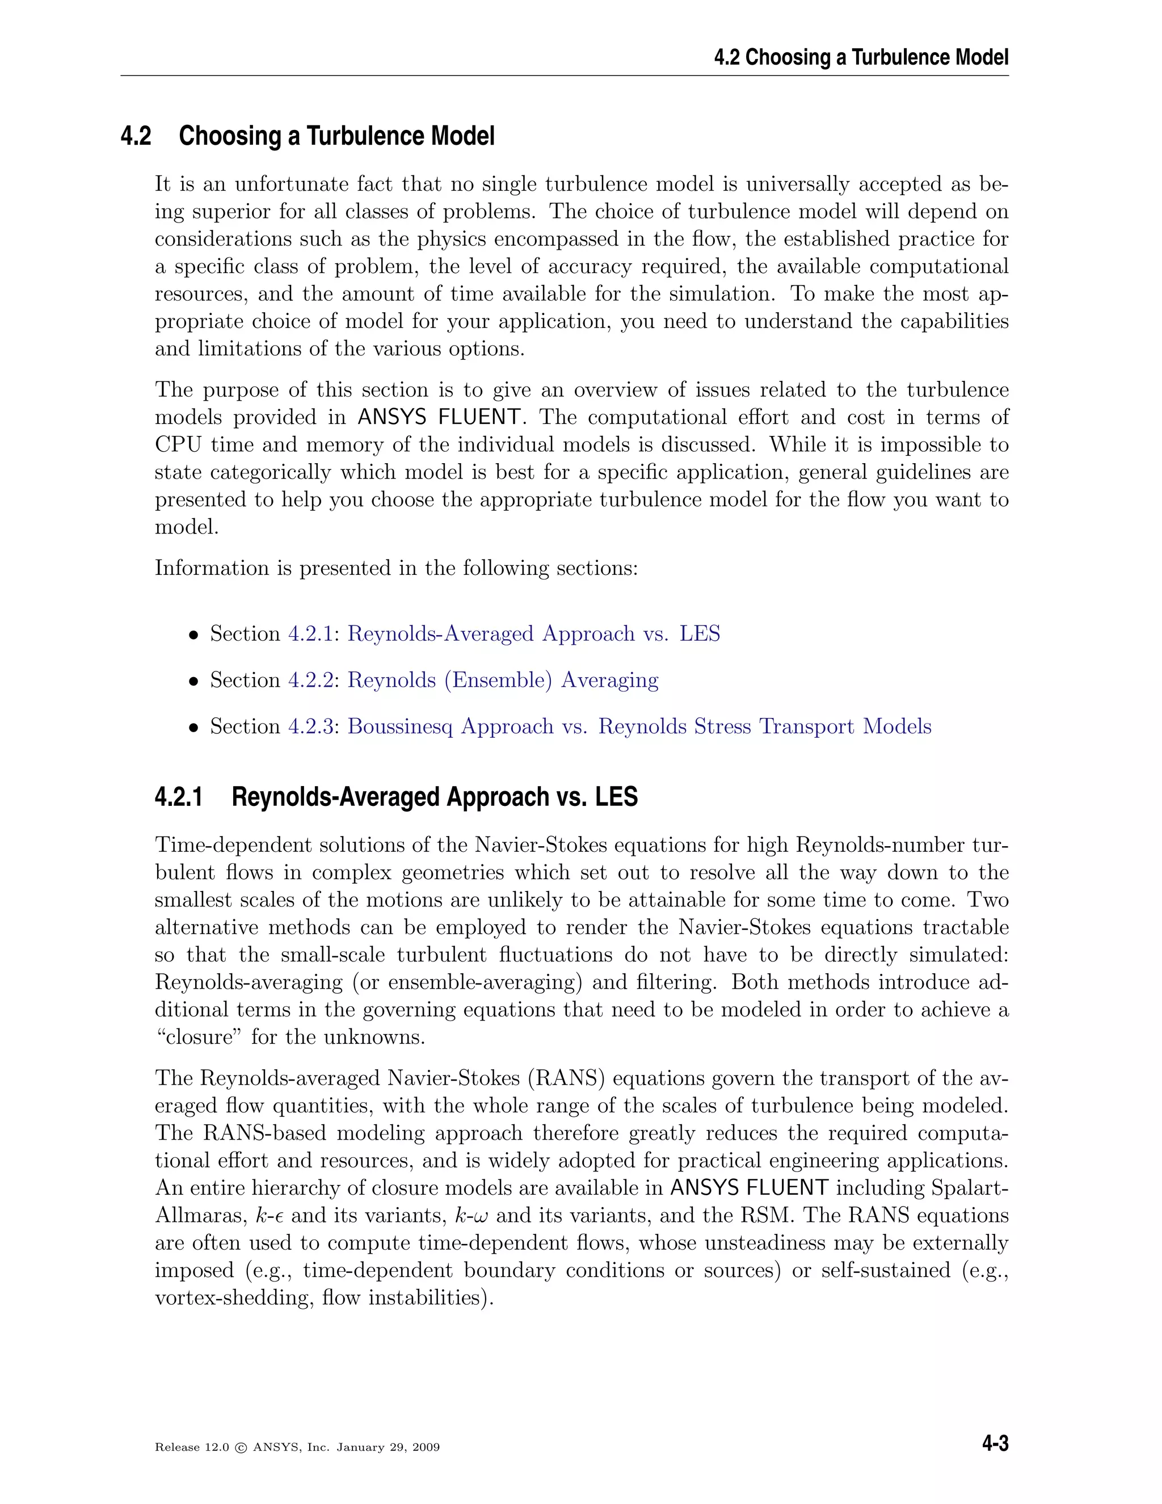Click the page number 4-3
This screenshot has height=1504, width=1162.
click(x=995, y=1443)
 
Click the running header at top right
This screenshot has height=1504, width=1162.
click(x=861, y=57)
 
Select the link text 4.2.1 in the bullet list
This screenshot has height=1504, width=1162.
click(x=310, y=633)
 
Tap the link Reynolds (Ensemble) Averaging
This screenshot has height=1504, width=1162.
click(x=503, y=680)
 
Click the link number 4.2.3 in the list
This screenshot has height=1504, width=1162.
click(x=310, y=726)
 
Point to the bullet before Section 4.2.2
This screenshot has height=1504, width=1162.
click(x=194, y=682)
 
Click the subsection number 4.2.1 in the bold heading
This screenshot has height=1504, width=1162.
click(x=179, y=797)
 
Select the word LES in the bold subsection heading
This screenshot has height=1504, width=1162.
click(x=616, y=797)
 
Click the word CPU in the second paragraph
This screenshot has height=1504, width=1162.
click(x=178, y=445)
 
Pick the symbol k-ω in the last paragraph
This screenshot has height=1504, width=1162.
click(x=471, y=1216)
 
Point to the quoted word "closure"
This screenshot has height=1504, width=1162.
click(x=199, y=1037)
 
